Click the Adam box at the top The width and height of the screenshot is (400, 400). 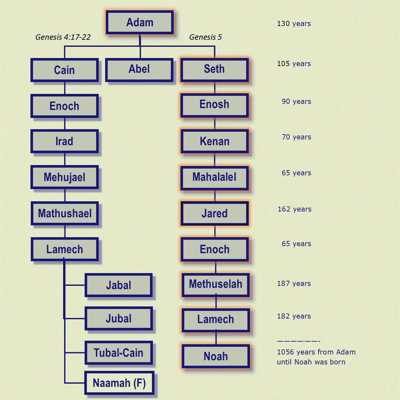point(140,22)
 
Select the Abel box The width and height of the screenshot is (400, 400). point(139,70)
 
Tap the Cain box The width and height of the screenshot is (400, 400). point(64,70)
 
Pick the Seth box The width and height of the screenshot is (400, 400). point(215,70)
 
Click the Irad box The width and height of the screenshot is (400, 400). point(64,141)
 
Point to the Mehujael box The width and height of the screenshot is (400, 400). point(64,177)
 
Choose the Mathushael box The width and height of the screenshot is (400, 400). point(65,213)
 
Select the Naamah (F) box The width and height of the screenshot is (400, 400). point(119,383)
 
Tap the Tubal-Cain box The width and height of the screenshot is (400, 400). point(119,353)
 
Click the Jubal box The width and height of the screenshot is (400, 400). point(119,318)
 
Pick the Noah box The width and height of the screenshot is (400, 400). point(216,356)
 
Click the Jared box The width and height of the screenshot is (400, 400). point(215,213)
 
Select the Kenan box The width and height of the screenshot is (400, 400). point(215,141)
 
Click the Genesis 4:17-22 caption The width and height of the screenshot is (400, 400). point(63,37)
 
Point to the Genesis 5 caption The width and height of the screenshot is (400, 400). point(205,37)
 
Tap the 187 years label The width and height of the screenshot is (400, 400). point(294,284)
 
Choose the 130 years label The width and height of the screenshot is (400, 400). point(294,24)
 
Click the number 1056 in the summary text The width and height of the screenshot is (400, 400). point(286,352)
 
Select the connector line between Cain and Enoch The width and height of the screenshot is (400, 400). point(64,88)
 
